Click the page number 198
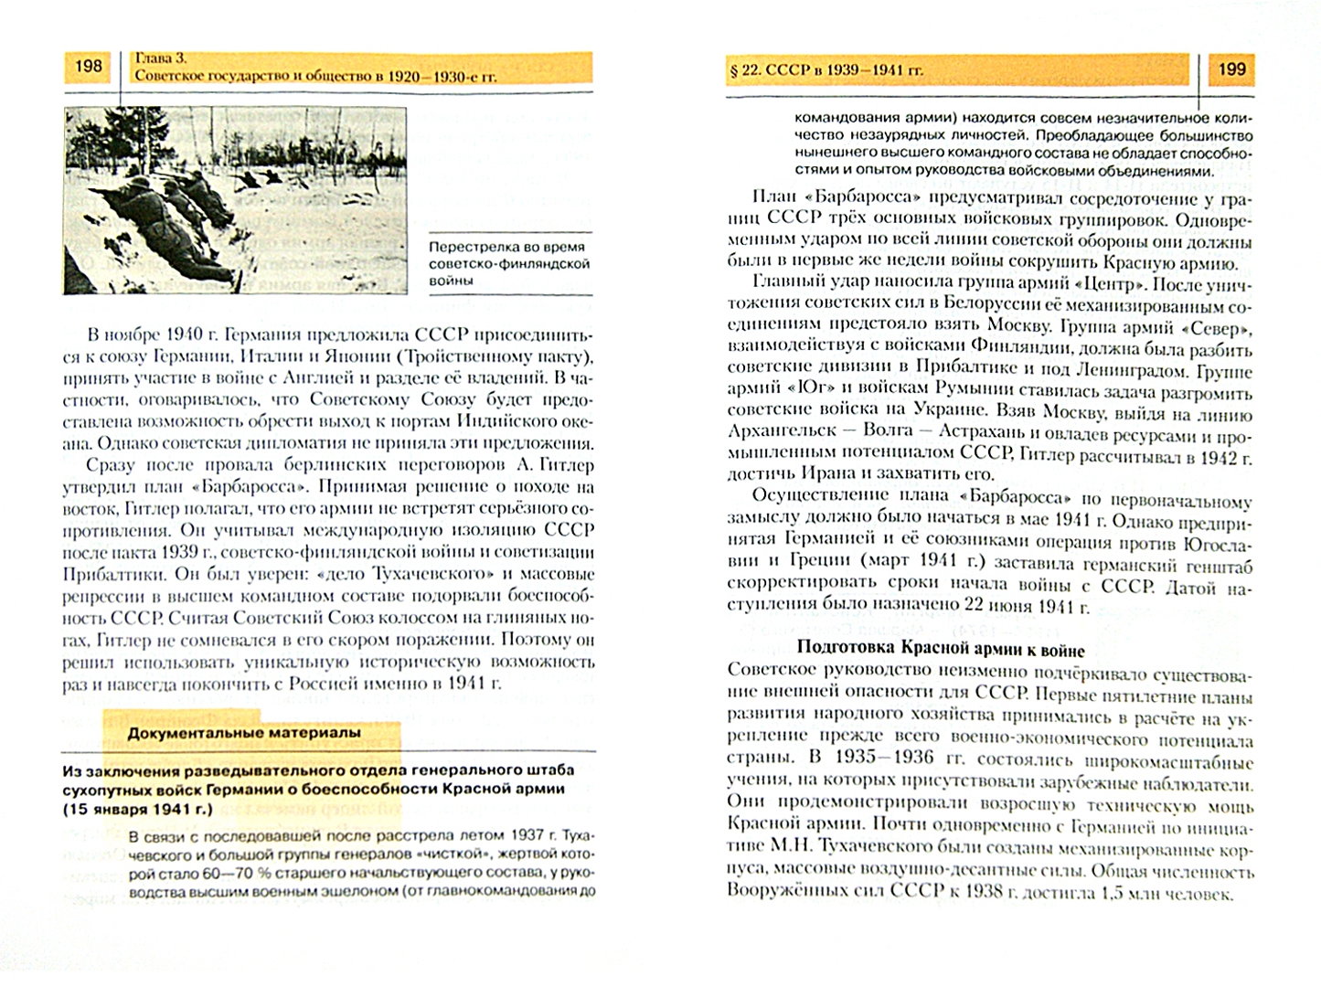[x=89, y=67]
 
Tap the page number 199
[x=1232, y=69]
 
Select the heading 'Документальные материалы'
[x=243, y=733]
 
